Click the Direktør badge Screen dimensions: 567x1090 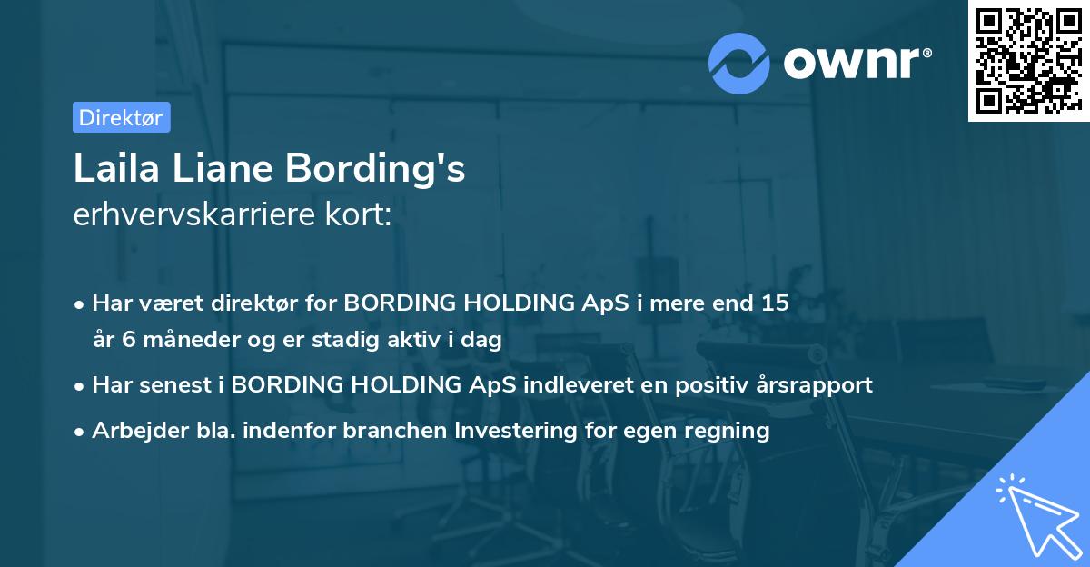pyautogui.click(x=121, y=117)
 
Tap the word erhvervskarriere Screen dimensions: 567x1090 pyautogui.click(x=188, y=215)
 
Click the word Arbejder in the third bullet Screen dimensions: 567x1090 pyautogui.click(x=133, y=431)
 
